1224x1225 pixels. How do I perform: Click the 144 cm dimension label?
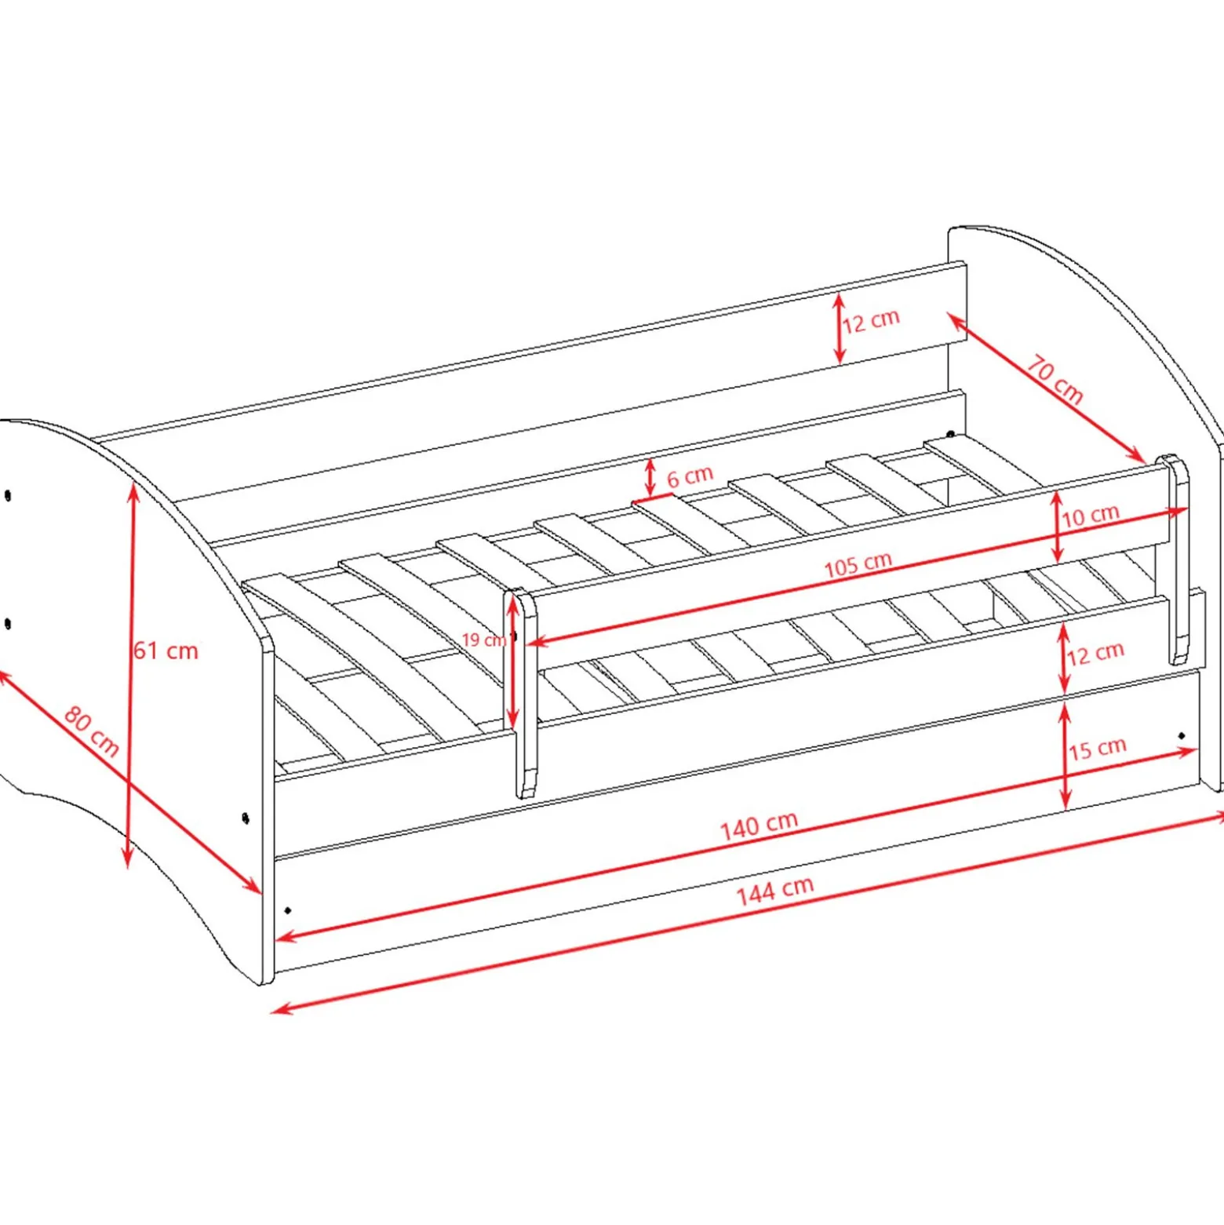pyautogui.click(x=774, y=891)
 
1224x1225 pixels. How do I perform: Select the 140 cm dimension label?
pyautogui.click(x=759, y=826)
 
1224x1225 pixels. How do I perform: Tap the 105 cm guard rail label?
pyautogui.click(x=858, y=564)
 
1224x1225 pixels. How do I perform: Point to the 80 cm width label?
pyautogui.click(x=91, y=731)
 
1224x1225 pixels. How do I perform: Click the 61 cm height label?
pyautogui.click(x=166, y=651)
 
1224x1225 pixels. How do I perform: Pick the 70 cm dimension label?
pyautogui.click(x=1055, y=380)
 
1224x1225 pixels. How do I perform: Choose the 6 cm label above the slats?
pyautogui.click(x=690, y=476)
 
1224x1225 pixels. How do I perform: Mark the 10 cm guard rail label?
pyautogui.click(x=1090, y=516)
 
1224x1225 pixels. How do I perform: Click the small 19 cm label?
pyautogui.click(x=483, y=640)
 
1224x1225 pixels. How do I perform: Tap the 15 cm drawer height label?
pyautogui.click(x=1097, y=748)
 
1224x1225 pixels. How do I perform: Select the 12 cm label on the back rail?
pyautogui.click(x=871, y=321)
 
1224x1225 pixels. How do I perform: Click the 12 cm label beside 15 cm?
pyautogui.click(x=1095, y=653)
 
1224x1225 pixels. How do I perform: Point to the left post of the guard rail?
pyautogui.click(x=525, y=694)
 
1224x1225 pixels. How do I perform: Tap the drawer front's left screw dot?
pyautogui.click(x=288, y=910)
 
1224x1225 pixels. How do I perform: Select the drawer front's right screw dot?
pyautogui.click(x=1182, y=736)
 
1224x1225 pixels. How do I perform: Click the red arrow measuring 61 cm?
pyautogui.click(x=131, y=676)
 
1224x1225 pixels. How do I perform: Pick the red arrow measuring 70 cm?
pyautogui.click(x=1046, y=387)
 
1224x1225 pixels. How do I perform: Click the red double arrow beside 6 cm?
pyautogui.click(x=650, y=478)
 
